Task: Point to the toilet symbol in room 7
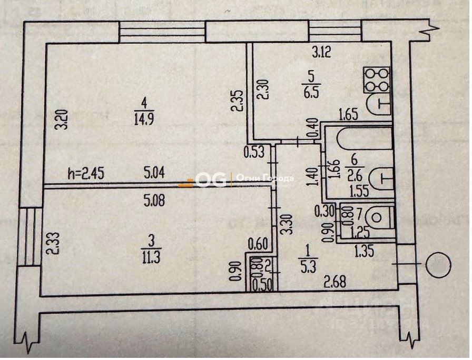tap(376, 216)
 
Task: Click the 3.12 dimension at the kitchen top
tap(322, 53)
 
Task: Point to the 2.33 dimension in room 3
tap(51, 244)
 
